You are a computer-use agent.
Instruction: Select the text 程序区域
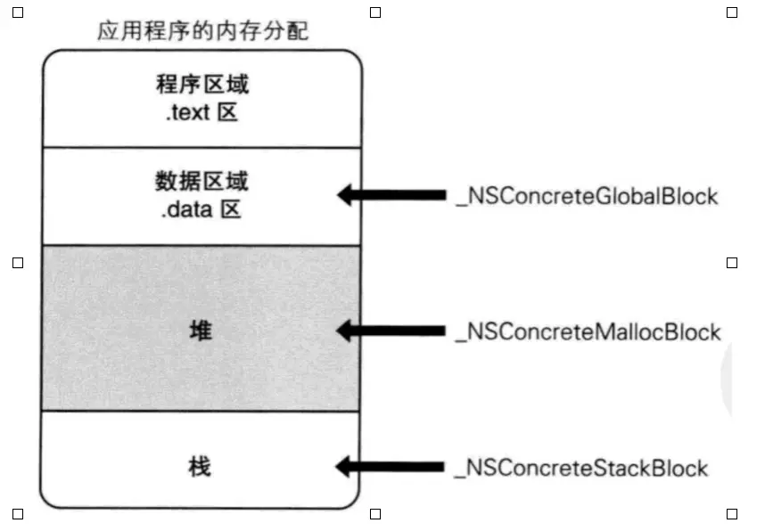pos(202,86)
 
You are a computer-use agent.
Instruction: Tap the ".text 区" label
pos(202,113)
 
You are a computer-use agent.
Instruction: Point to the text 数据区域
pos(202,183)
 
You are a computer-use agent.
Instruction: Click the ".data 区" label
pos(202,211)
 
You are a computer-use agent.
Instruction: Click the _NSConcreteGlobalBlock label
pos(587,196)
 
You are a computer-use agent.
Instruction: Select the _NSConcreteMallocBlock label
pos(588,331)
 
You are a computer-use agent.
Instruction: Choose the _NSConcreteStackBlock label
pos(581,467)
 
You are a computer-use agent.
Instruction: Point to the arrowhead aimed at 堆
pos(347,331)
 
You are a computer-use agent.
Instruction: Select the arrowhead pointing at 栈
pos(347,467)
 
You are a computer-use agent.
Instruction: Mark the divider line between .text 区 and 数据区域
pos(202,147)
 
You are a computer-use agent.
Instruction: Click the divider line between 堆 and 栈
pos(202,411)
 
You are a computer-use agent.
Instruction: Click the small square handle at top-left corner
pos(17,12)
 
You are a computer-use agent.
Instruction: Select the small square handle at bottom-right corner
pos(732,514)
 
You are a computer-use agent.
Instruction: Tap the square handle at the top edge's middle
pos(374,12)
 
